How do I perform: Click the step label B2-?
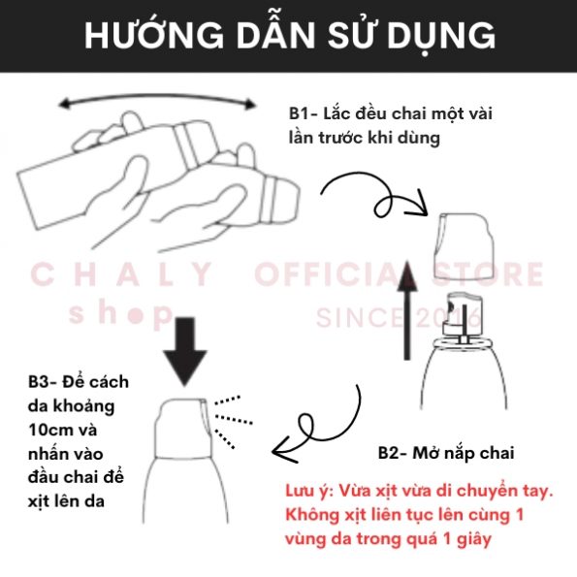393,453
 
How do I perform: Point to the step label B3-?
43,382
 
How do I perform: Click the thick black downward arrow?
185,351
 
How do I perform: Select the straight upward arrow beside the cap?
407,310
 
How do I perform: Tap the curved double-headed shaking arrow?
157,96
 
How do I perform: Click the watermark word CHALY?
121,274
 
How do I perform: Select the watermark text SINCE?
360,318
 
